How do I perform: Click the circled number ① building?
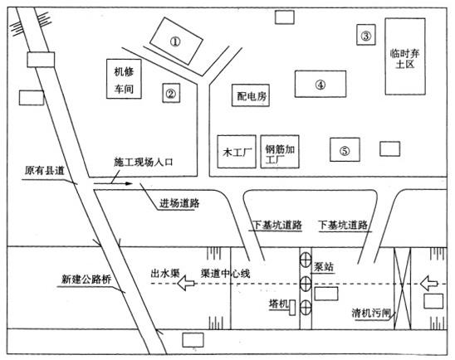176,41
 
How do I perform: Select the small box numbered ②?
171,93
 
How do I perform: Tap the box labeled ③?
366,35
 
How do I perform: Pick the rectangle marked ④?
320,84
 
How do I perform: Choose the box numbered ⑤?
345,149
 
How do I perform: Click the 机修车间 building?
124,79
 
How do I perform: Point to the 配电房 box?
251,95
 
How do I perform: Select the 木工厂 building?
237,152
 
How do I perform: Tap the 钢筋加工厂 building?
280,152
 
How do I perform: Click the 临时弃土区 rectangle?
405,56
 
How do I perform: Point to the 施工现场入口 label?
144,162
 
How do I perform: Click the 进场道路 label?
179,203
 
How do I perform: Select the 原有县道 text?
44,170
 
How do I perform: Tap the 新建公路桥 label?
86,280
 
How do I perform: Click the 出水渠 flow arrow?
186,283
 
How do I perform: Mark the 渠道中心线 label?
226,274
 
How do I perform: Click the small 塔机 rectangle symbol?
292,308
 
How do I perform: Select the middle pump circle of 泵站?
306,283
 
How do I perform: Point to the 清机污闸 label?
371,313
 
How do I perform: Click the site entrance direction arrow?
113,183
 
